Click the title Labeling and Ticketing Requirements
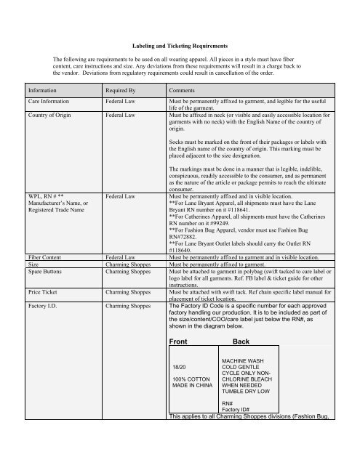[x=180, y=44]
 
